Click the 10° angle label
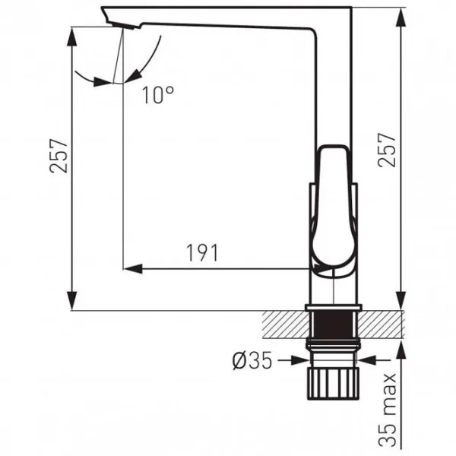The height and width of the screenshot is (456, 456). (158, 95)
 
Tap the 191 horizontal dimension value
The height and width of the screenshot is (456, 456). (202, 253)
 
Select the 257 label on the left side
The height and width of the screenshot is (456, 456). (59, 156)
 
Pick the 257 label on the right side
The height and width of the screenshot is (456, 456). (387, 150)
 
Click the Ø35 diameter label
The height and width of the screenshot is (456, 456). (252, 360)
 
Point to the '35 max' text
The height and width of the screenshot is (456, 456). (388, 410)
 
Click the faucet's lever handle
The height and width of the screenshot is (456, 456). (334, 210)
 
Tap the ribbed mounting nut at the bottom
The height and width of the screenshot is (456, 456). (334, 383)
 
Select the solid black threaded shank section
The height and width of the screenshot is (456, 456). (334, 325)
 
